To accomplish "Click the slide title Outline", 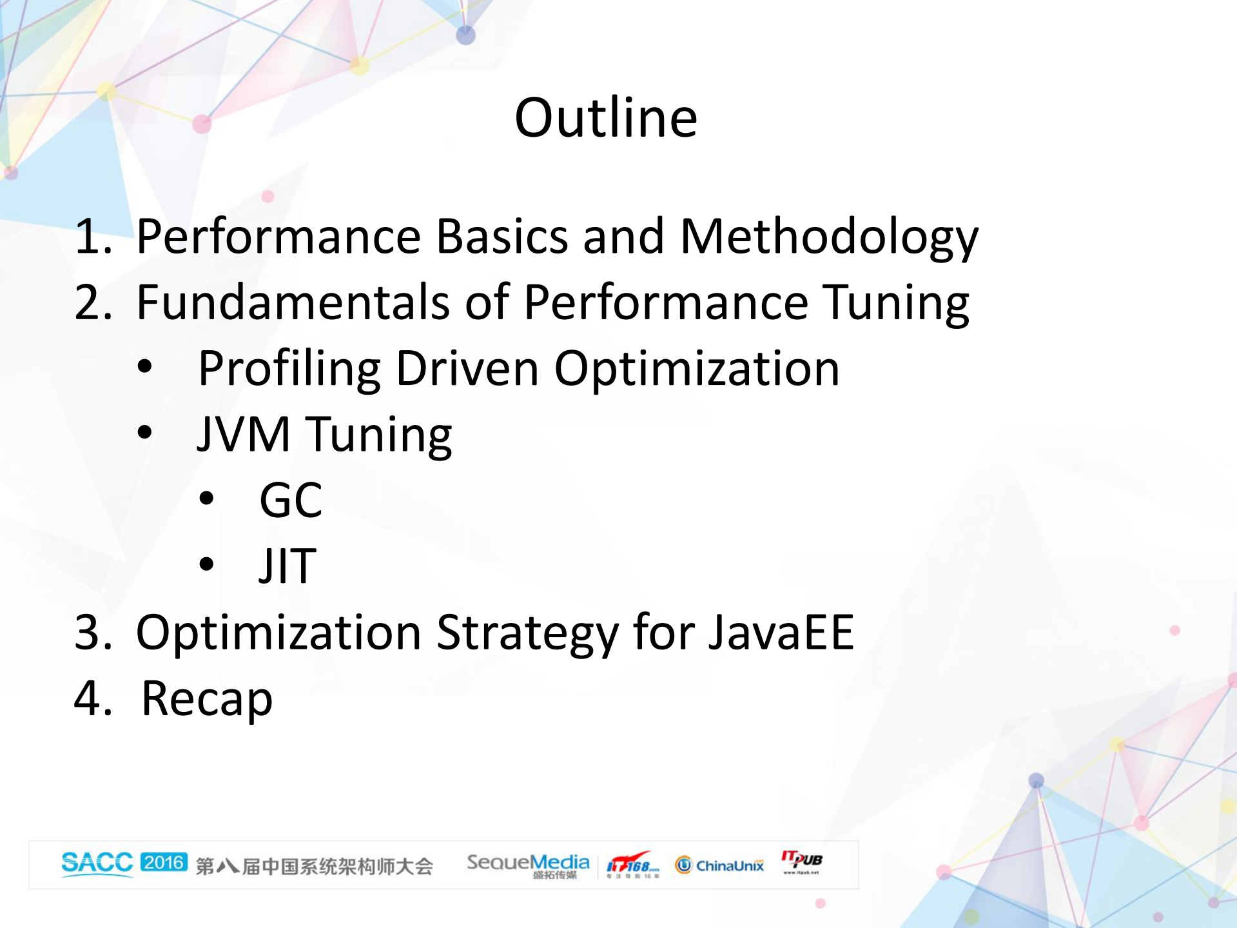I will [605, 118].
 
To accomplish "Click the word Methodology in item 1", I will [829, 237].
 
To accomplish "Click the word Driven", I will [467, 369].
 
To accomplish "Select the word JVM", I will [244, 434].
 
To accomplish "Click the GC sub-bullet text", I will [290, 500].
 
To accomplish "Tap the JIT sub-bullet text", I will [287, 566].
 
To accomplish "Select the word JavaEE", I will [781, 633].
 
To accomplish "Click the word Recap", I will [207, 698].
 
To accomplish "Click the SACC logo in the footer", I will [97, 863].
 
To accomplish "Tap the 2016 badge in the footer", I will [164, 862].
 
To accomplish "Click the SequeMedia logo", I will [528, 865].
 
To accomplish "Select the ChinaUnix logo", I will [719, 865].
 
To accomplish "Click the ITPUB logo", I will [801, 862].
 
